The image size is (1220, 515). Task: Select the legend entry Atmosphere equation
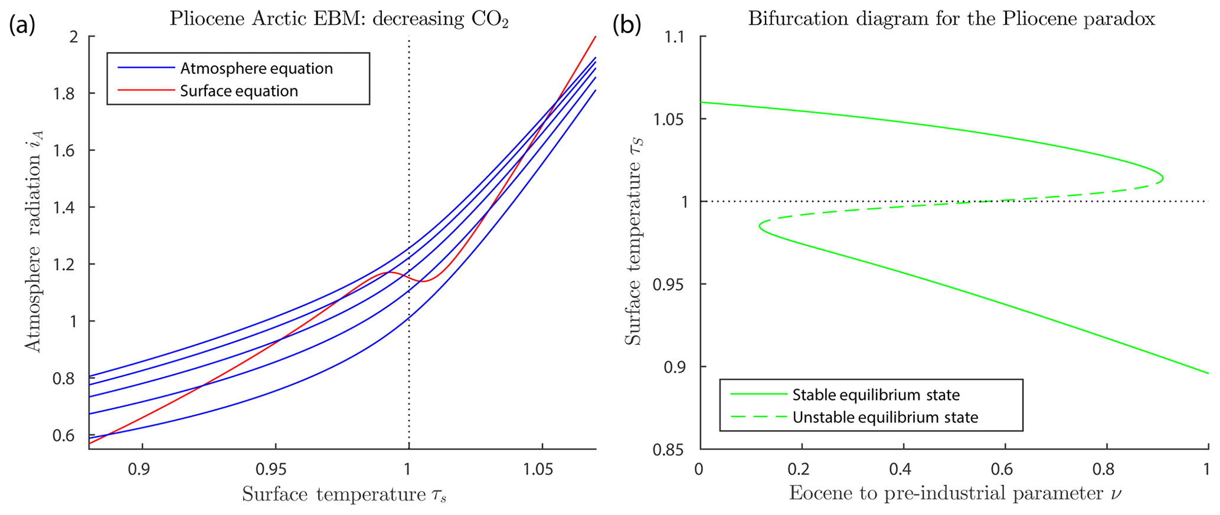[x=256, y=68]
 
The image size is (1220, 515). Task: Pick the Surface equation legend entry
[x=238, y=91]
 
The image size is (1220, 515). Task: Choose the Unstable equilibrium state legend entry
[x=885, y=417]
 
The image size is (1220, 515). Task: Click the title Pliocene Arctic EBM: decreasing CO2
[x=339, y=19]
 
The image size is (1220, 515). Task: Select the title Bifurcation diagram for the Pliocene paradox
[x=951, y=19]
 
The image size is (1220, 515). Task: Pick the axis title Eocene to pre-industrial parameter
[x=954, y=494]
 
